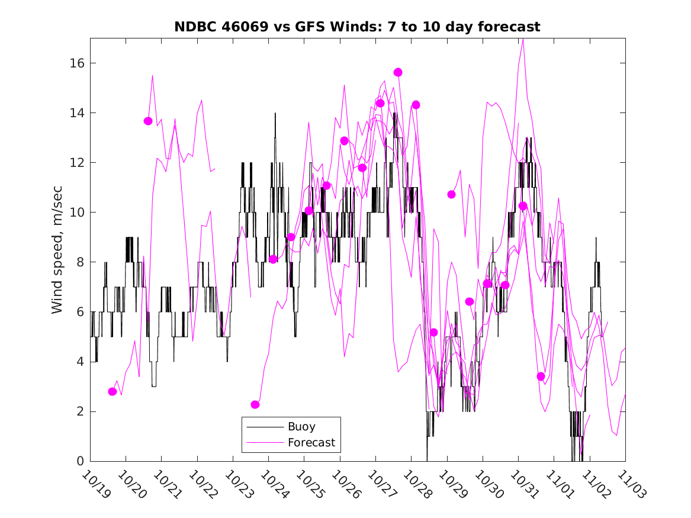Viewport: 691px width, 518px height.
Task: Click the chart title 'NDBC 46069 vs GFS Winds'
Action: [357, 27]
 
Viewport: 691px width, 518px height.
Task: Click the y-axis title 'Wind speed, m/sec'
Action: [57, 249]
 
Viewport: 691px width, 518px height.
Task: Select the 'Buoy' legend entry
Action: [301, 426]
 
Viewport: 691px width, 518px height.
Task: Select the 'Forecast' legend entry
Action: [311, 442]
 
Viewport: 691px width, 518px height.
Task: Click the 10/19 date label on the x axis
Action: [95, 485]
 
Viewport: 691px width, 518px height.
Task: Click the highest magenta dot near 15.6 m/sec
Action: [398, 72]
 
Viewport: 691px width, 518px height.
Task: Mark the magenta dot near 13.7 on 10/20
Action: [148, 121]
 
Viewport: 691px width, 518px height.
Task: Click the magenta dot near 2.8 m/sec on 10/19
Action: [113, 391]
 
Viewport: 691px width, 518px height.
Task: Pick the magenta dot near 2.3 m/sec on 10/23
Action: [255, 404]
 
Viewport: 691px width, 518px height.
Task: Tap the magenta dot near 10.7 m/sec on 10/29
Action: [451, 194]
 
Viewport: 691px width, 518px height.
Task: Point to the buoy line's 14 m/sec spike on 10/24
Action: [275, 113]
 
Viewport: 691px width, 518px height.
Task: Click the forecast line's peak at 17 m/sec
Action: [523, 39]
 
